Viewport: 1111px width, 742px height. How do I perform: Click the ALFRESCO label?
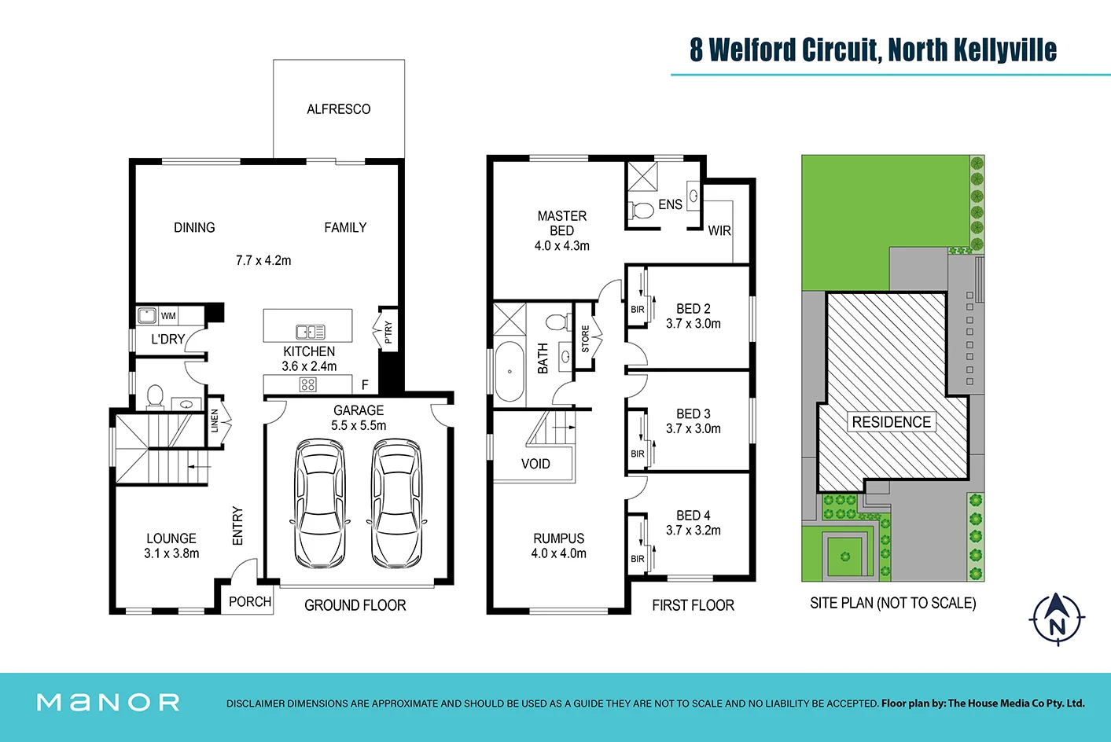[x=338, y=109]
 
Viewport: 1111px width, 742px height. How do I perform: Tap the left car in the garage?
[x=320, y=503]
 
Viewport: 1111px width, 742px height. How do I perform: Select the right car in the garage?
[x=396, y=503]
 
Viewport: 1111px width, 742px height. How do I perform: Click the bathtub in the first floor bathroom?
[x=510, y=371]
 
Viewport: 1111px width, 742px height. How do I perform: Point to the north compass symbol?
[x=1057, y=619]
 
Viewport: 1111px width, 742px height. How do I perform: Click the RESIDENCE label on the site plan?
[x=891, y=422]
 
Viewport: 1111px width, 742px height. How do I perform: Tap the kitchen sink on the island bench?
[x=310, y=332]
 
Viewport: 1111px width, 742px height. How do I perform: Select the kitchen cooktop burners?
[x=308, y=384]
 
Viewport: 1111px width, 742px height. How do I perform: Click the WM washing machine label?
[x=168, y=316]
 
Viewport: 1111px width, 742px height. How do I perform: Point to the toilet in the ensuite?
[x=642, y=210]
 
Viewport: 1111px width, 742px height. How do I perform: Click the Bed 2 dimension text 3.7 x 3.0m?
[x=693, y=324]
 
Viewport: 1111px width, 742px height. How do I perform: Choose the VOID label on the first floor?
[x=535, y=464]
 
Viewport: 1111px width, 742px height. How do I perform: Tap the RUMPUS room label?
[x=558, y=538]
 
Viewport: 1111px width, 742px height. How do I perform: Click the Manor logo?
[x=109, y=703]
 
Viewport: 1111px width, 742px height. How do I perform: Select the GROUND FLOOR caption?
[x=355, y=605]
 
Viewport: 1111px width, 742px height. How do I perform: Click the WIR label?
[x=719, y=231]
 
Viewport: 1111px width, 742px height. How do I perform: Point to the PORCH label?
[x=250, y=602]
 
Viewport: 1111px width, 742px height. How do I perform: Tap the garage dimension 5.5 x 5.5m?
[x=359, y=425]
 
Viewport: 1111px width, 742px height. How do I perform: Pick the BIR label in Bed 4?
[x=637, y=559]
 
